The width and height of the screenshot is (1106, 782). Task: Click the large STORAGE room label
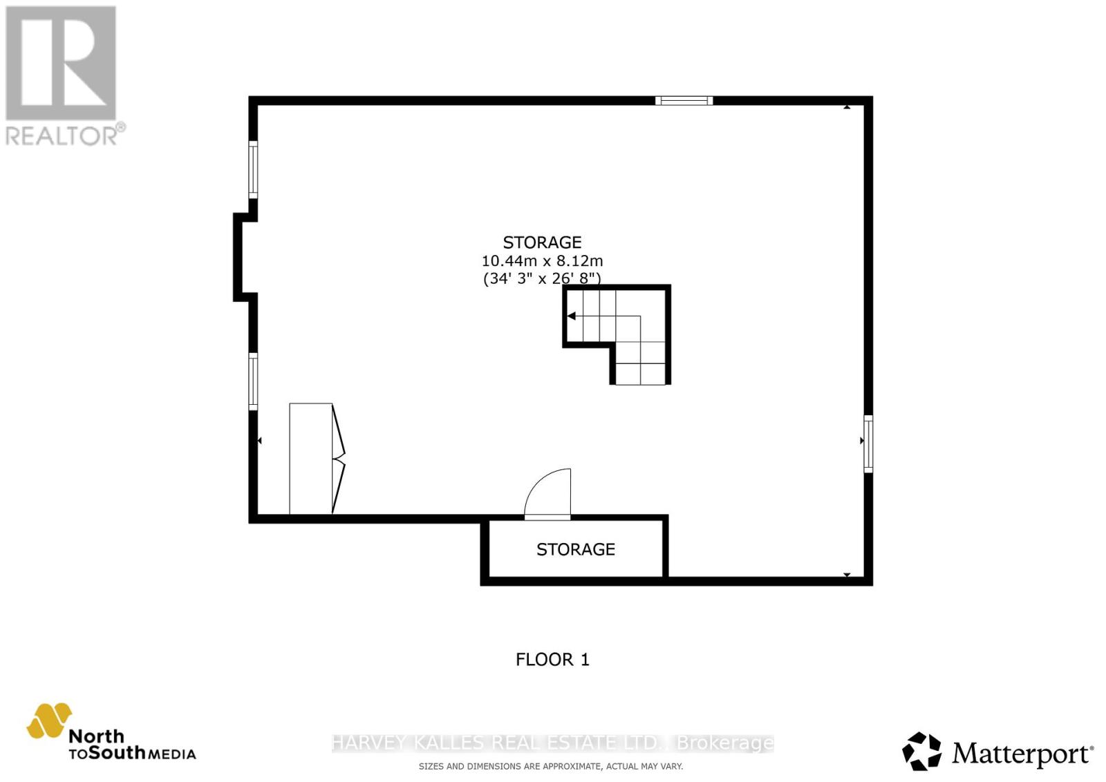542,242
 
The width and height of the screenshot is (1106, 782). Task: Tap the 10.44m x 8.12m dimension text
542,261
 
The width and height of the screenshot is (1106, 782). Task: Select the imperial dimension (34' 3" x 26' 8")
542,278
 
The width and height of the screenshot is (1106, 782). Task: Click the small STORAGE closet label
575,549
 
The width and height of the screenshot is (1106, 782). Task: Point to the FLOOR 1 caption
552,660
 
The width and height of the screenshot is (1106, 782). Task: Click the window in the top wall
684,101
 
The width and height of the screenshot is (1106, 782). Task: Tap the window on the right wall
868,444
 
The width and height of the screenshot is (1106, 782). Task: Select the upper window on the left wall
253,170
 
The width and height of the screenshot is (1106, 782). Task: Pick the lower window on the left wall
253,381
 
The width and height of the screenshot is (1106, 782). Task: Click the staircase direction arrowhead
572,316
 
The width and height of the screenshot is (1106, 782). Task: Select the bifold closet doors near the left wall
338,459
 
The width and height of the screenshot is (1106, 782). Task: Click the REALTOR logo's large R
61,64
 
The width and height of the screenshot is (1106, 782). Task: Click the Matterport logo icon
921,751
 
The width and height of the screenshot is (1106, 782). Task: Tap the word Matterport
1022,754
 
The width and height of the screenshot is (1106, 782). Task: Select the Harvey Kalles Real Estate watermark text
552,743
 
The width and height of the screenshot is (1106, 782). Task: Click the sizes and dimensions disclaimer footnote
550,766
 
